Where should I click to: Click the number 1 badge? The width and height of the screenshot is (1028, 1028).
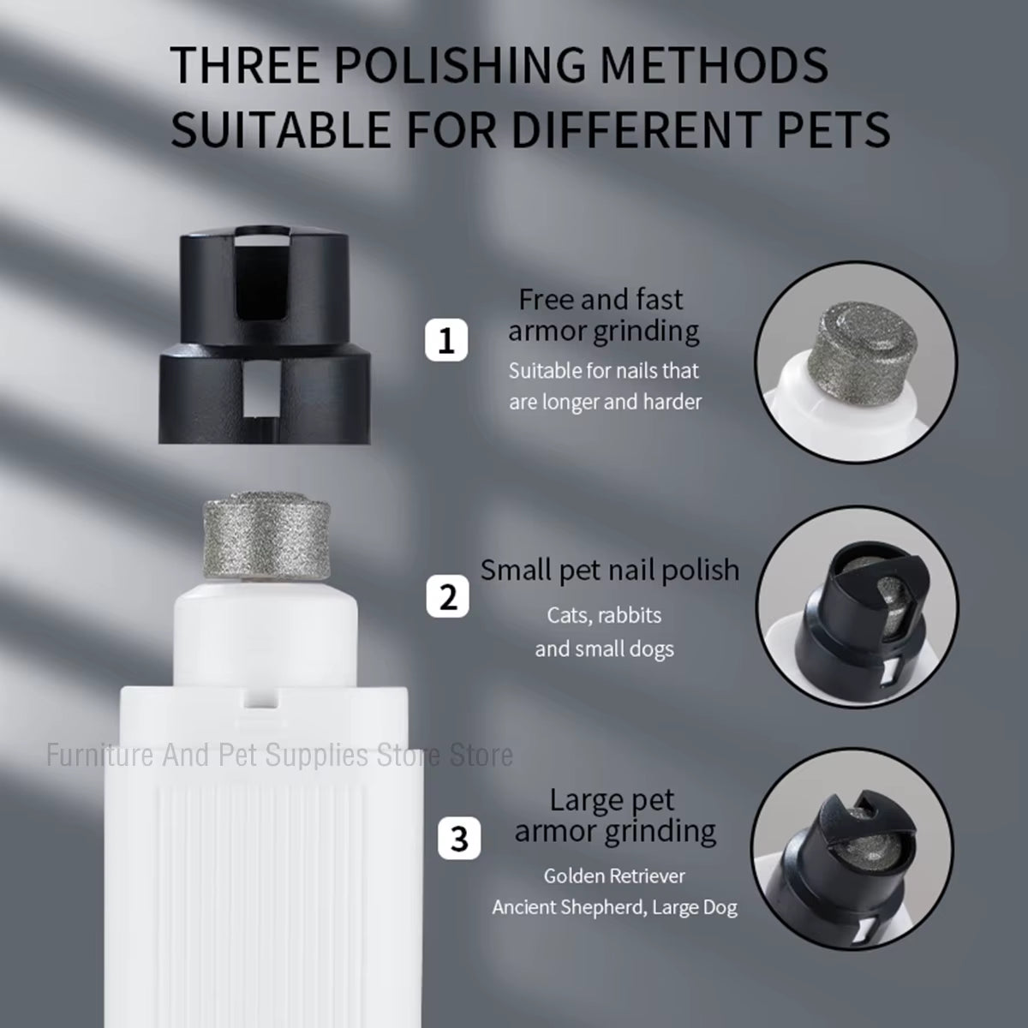446,342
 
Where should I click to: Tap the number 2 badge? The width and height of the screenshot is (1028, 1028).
448,596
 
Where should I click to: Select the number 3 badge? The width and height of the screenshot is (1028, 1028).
459,838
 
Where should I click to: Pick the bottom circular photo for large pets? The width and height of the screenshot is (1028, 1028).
843,847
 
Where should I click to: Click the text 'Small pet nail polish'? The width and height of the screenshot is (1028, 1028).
609,570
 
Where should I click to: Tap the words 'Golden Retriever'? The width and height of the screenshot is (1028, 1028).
614,876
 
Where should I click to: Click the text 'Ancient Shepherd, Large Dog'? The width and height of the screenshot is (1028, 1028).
614,907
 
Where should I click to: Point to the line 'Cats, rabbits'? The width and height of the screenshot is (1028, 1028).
604,615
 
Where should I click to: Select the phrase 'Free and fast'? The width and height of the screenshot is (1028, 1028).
601,300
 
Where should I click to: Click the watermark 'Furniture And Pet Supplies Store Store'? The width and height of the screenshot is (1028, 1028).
279,755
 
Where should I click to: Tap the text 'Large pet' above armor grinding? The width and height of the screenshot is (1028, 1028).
612,800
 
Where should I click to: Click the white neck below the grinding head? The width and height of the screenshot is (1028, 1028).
266,624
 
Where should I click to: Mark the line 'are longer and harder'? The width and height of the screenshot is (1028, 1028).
605,402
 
